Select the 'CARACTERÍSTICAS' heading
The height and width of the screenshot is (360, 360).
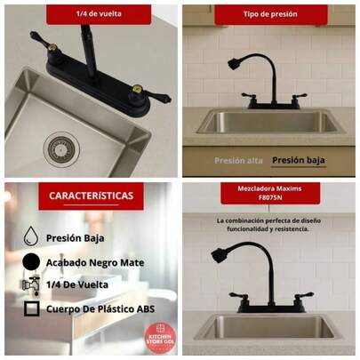click(x=91, y=196)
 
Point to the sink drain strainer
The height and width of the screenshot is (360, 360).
click(x=61, y=148)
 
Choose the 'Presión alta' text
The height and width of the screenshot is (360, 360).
click(x=237, y=161)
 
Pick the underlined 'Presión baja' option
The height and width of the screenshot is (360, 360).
click(x=298, y=161)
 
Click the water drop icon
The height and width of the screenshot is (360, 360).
click(x=31, y=236)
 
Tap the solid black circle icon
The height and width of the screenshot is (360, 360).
click(x=31, y=261)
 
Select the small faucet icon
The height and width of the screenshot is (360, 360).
click(x=31, y=285)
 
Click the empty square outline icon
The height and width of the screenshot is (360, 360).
click(x=31, y=309)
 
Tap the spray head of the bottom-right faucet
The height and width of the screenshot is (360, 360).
click(x=220, y=255)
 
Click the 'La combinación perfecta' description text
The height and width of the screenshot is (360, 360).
click(x=269, y=224)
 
